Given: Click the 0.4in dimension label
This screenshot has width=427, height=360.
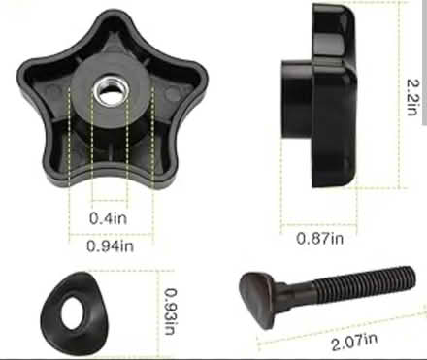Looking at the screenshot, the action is click(108, 218).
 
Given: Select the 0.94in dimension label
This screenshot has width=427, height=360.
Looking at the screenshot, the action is click(110, 246).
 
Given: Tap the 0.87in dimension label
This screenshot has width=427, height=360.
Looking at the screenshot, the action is click(320, 239).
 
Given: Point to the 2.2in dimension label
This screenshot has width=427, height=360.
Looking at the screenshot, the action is click(413, 97).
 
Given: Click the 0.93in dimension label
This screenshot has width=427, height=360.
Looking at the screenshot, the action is click(171, 311).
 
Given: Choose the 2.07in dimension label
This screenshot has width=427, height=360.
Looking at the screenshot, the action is click(354, 342).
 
